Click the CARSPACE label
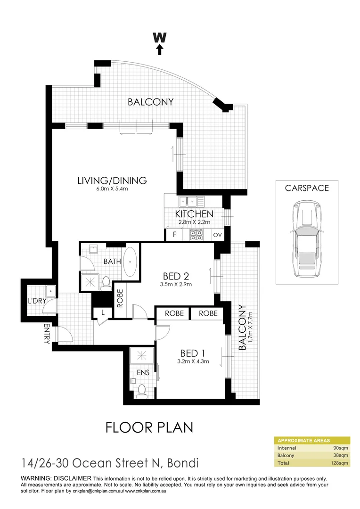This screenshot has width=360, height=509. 307,188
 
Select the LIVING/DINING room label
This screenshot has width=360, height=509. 112,180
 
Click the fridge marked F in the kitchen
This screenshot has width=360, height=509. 174,234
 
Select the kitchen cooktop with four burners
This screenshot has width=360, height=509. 196,234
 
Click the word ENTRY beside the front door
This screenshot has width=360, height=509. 47,334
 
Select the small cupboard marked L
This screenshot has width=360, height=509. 103,312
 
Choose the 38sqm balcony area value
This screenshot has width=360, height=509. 340,455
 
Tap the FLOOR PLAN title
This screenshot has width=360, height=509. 149,427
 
